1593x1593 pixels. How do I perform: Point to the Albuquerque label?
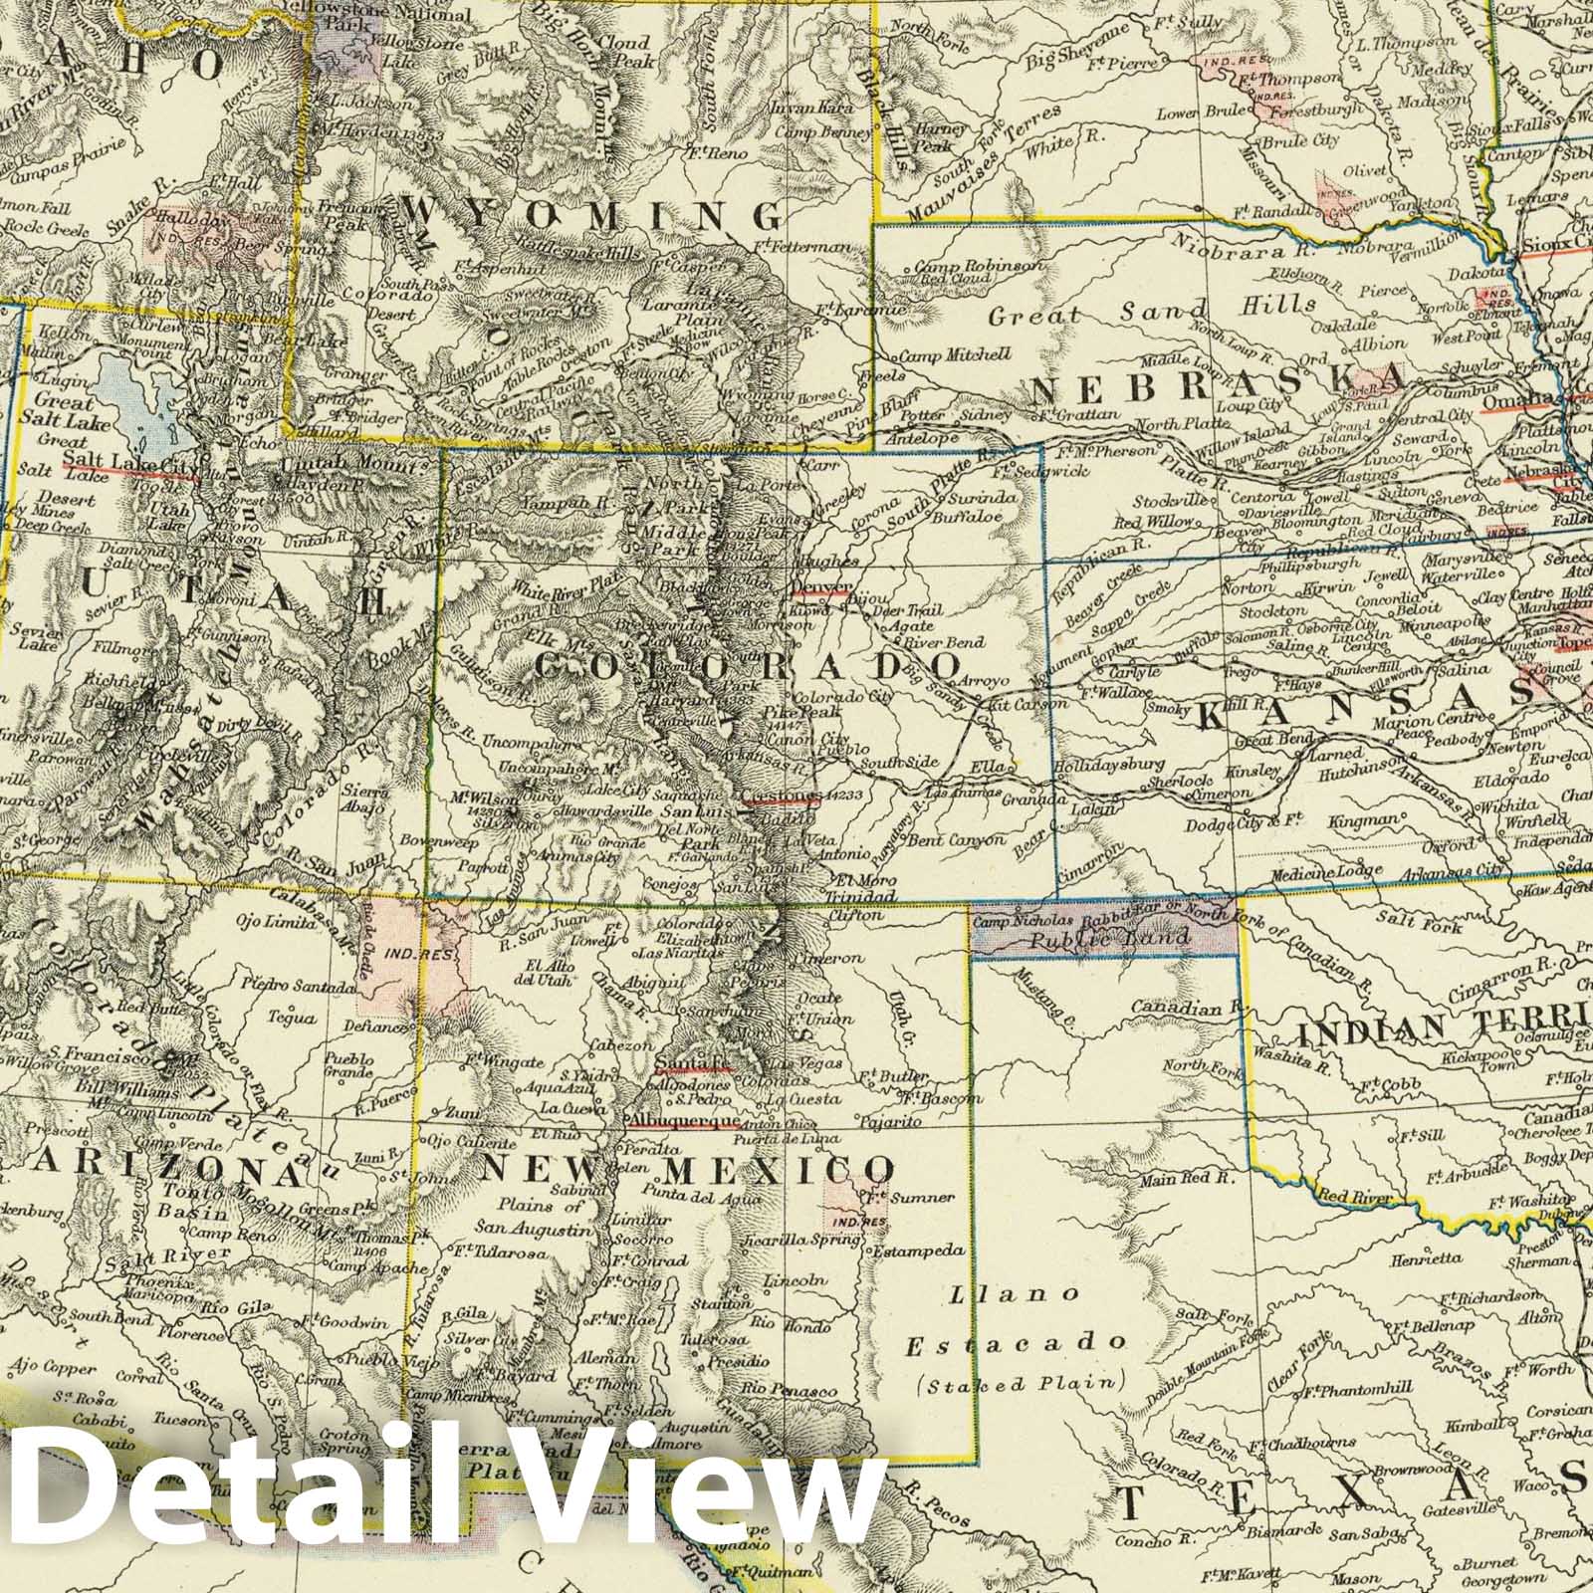point(683,1119)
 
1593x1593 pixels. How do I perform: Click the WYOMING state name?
point(593,213)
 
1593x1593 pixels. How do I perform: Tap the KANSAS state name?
point(1350,713)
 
